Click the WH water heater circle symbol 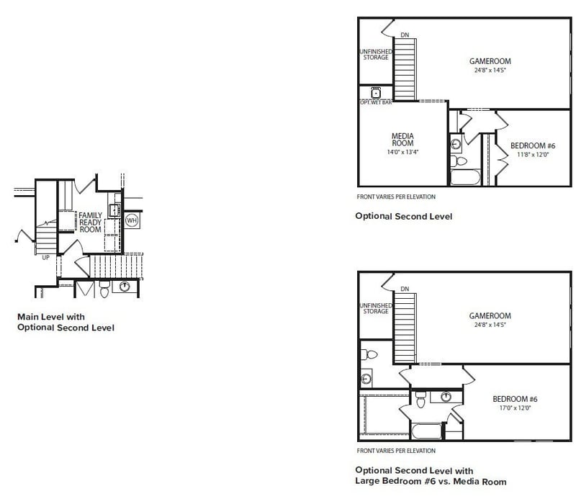point(132,220)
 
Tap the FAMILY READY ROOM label point(91,222)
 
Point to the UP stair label point(45,258)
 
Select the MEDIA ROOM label point(402,140)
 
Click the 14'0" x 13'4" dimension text point(402,152)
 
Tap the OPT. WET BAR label point(376,102)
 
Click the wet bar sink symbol point(376,93)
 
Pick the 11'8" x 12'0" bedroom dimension point(533,155)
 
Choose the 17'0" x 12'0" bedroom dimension point(515,408)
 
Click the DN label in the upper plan point(405,35)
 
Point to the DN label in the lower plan point(405,289)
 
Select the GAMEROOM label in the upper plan point(490,61)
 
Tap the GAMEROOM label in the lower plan point(490,315)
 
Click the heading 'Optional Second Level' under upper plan point(404,216)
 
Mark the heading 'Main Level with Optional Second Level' point(66,323)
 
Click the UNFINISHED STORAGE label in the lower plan point(376,308)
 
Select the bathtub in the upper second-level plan point(465,176)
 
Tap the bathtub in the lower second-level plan point(426,431)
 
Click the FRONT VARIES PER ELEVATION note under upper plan point(396,197)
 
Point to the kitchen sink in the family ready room point(114,210)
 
